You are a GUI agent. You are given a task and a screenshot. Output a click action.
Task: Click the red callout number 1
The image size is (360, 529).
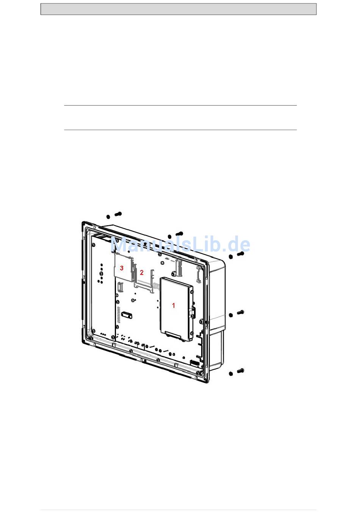pos(174,305)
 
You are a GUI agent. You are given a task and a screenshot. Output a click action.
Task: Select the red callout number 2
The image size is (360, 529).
pos(142,272)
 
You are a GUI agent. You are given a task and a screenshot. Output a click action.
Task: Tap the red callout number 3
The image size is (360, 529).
pos(122,268)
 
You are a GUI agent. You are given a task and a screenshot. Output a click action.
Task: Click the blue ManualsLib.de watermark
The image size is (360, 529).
pos(180,244)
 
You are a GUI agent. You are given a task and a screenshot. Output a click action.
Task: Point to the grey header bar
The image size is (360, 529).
pos(178,9)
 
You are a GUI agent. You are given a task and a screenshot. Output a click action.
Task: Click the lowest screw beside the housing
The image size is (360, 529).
pos(241,371)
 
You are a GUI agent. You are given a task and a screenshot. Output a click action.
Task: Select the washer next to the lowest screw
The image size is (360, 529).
pos(231,374)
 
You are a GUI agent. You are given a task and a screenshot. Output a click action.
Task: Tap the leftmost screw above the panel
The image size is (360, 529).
pos(118,214)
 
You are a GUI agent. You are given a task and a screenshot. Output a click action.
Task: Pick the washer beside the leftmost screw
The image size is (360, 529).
pos(108,217)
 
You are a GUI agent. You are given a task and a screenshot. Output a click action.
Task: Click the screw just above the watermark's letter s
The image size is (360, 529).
pos(180,234)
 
